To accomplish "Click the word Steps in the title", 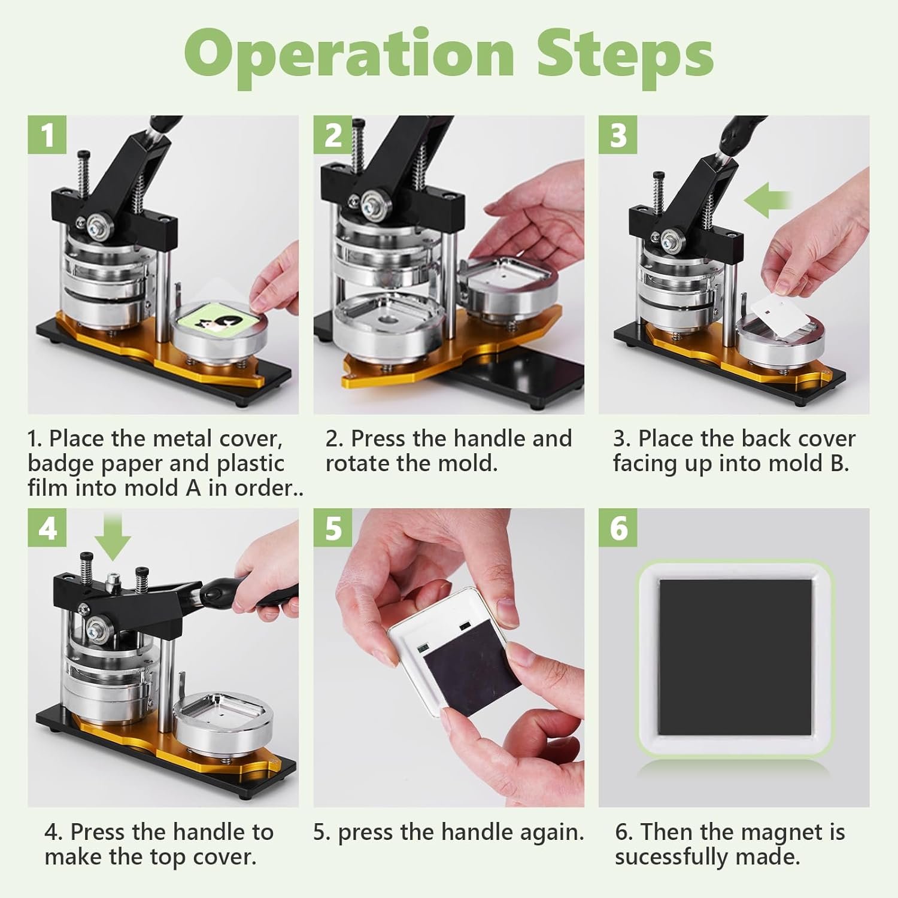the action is click(625, 54).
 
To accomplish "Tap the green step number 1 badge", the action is click(47, 134).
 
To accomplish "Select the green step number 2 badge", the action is click(333, 134).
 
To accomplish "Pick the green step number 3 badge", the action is click(618, 134).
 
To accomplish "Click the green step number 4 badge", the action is click(47, 527).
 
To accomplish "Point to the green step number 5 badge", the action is click(333, 527).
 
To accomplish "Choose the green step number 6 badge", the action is click(618, 527).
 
